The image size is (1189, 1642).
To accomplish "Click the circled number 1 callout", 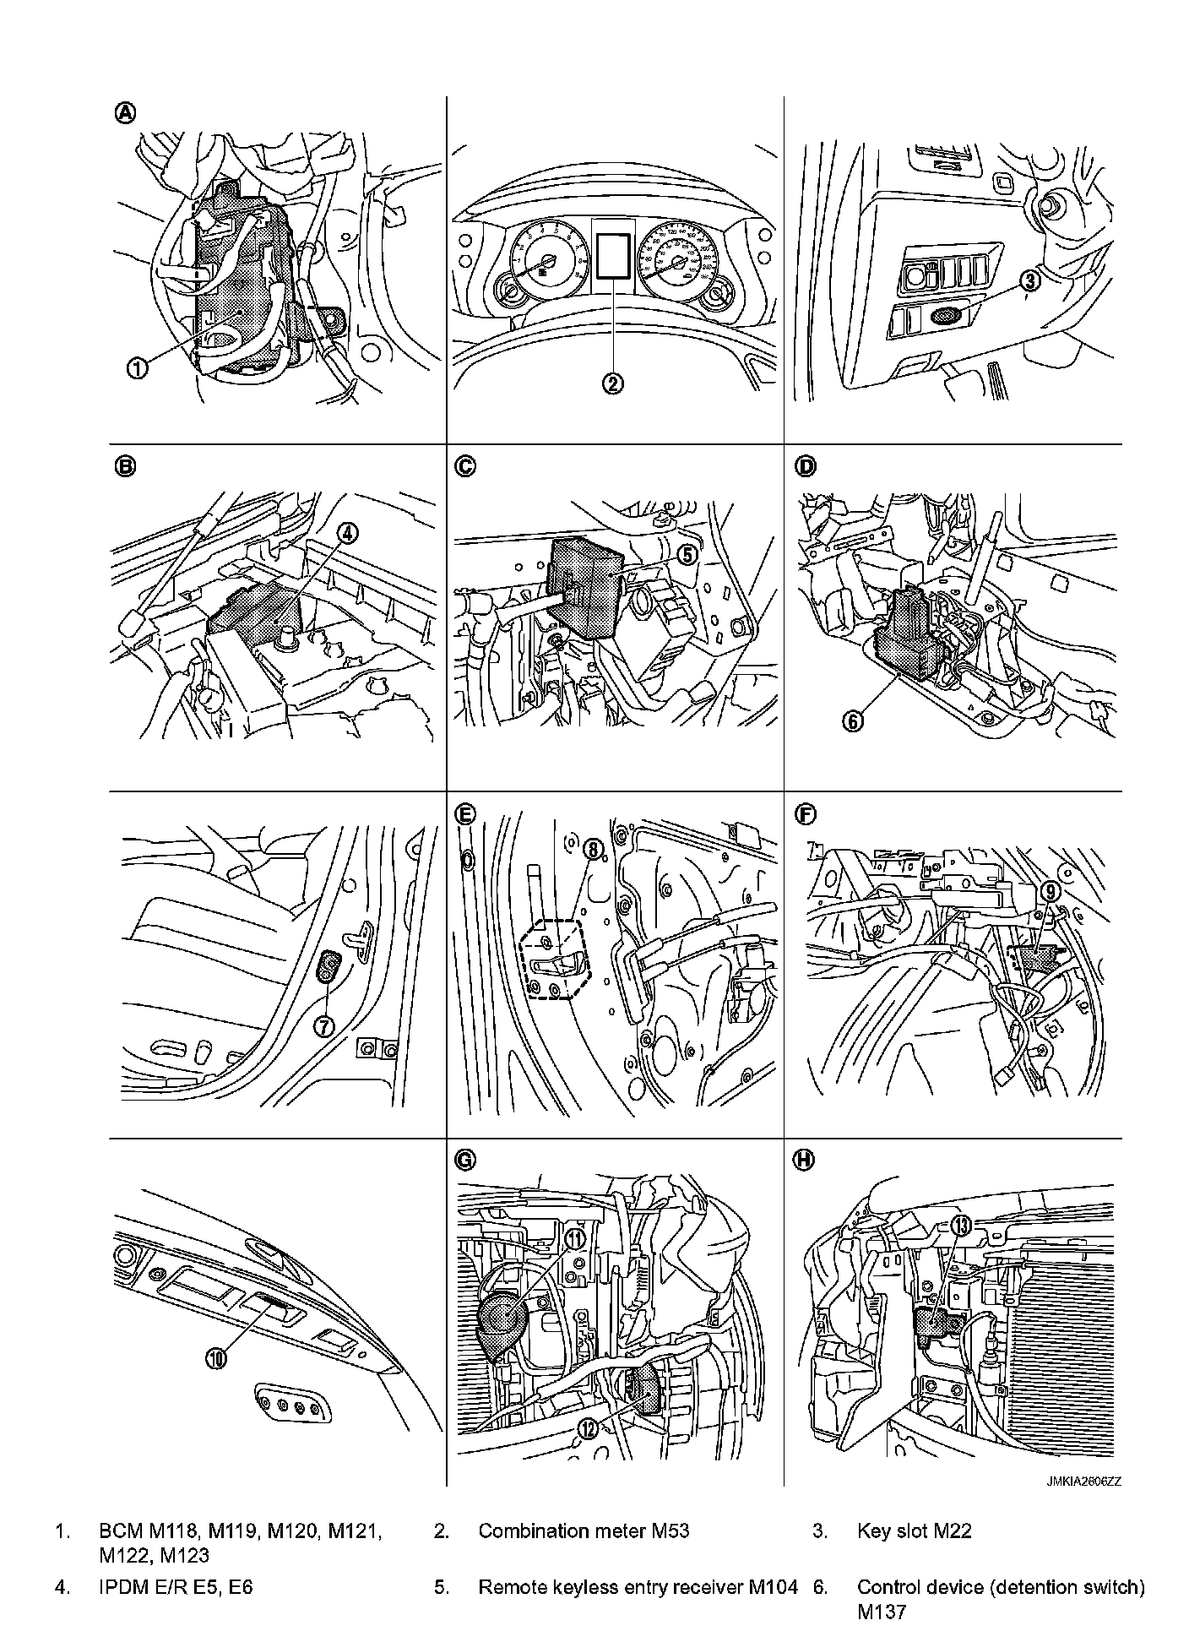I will (138, 367).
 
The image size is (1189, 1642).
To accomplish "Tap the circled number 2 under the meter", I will (613, 383).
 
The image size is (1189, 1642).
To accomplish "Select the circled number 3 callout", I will (1029, 281).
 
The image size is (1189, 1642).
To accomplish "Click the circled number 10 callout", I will (216, 1358).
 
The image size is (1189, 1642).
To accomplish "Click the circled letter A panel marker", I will (125, 113).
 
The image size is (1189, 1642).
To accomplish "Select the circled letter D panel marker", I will (806, 465).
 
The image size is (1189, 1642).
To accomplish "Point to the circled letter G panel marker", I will (464, 1161).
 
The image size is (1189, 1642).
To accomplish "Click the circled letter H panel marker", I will (805, 1161).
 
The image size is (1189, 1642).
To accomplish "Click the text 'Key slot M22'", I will (914, 1531).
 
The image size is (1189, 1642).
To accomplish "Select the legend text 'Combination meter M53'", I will (584, 1531).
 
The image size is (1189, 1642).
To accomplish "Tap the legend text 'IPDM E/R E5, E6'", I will (176, 1587).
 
